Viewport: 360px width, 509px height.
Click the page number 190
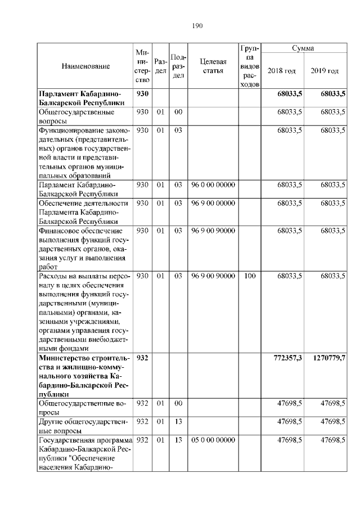point(197,26)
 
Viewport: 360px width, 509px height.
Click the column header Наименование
point(85,66)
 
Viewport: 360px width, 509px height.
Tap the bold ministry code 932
point(142,358)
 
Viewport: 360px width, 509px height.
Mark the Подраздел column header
point(178,66)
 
